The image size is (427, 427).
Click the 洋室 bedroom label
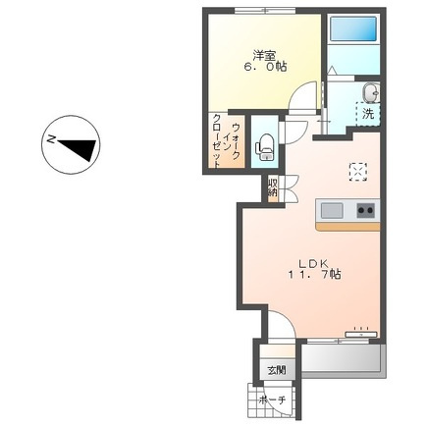pyautogui.click(x=264, y=56)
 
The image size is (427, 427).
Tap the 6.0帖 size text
pyautogui.click(x=265, y=67)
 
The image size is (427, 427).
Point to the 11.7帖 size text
pyautogui.click(x=314, y=274)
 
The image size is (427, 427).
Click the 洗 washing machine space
pyautogui.click(x=368, y=114)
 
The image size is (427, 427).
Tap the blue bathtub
pyautogui.click(x=353, y=29)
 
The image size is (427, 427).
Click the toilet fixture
pyautogui.click(x=266, y=147)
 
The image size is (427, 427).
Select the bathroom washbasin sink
pyautogui.click(x=371, y=92)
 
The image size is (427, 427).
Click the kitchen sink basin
pyautogui.click(x=332, y=211)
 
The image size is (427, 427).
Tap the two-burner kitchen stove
pyautogui.click(x=365, y=210)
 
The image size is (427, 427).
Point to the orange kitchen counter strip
pyautogui.click(x=347, y=227)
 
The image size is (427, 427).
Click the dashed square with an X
pyautogui.click(x=358, y=172)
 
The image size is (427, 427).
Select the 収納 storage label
pyautogui.click(x=272, y=187)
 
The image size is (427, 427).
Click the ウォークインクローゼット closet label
pyautogui.click(x=226, y=141)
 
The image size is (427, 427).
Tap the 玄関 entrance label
pyautogui.click(x=277, y=371)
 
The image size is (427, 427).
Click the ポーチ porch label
pyautogui.click(x=273, y=400)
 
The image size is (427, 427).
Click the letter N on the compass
pyautogui.click(x=51, y=139)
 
